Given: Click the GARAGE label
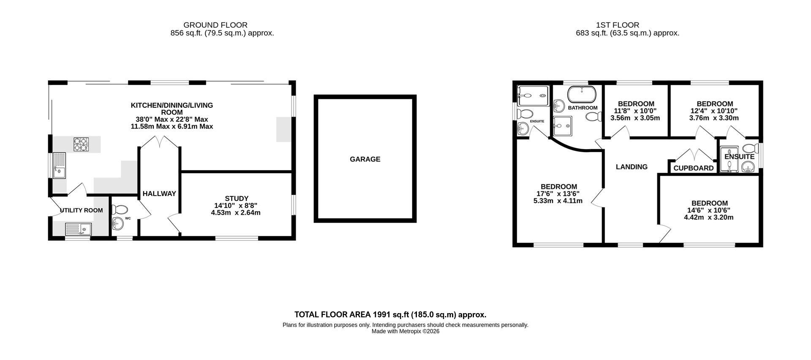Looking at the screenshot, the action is (x=365, y=159).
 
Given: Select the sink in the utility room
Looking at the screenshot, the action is (x=79, y=229).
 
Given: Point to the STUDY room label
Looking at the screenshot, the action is (x=237, y=199).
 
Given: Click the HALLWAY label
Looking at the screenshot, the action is (x=159, y=194).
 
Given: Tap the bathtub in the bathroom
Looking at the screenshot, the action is (x=582, y=94).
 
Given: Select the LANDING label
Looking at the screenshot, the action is (x=631, y=167).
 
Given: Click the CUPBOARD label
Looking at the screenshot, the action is (x=694, y=168).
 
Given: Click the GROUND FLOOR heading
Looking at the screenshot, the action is (x=215, y=25).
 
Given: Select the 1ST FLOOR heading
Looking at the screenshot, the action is (x=618, y=25).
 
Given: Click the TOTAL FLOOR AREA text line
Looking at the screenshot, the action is (x=390, y=315).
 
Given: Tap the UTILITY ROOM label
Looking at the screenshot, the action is (x=81, y=210).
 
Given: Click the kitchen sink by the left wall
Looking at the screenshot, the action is (x=59, y=165).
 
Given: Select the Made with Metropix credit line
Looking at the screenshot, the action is (x=405, y=332).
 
